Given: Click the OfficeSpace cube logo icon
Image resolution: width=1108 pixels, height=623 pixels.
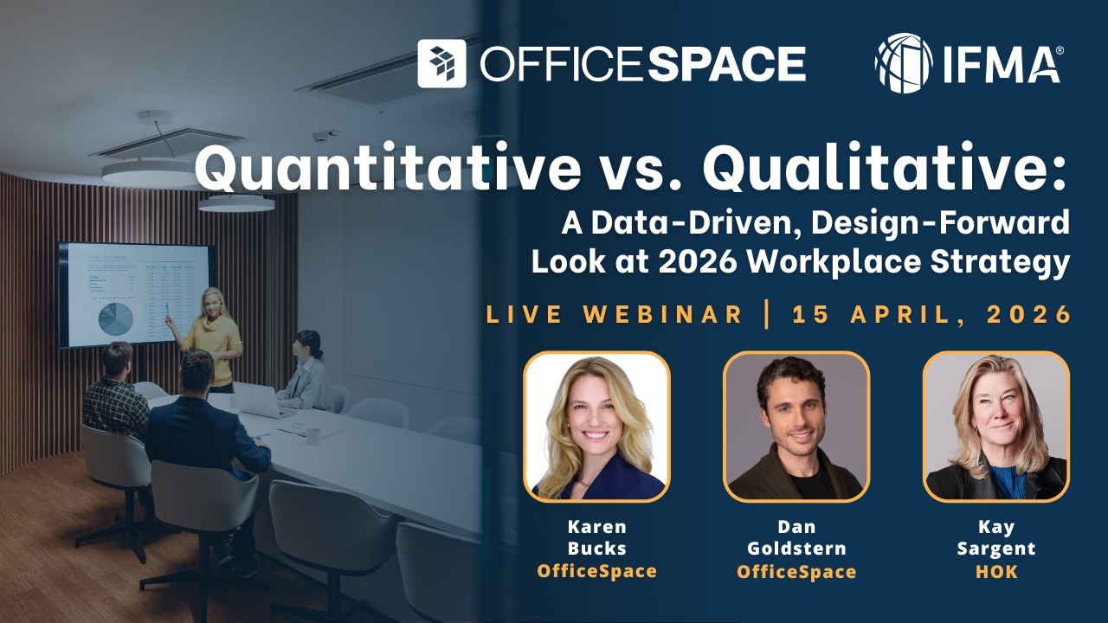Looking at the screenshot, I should pyautogui.click(x=441, y=63).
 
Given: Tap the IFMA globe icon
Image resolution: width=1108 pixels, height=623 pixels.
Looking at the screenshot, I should pyautogui.click(x=904, y=62).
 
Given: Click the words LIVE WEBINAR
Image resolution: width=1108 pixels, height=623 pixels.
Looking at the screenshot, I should pyautogui.click(x=615, y=314).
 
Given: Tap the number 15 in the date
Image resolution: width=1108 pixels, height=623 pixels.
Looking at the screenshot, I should pyautogui.click(x=808, y=314).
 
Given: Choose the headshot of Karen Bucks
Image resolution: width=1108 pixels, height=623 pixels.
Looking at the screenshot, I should pyautogui.click(x=596, y=427).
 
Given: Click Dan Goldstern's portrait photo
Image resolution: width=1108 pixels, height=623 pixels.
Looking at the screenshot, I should pyautogui.click(x=796, y=427).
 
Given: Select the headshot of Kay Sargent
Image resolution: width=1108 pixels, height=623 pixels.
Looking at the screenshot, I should pyautogui.click(x=995, y=427).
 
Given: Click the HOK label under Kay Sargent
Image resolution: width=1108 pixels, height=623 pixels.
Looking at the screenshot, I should pyautogui.click(x=995, y=572).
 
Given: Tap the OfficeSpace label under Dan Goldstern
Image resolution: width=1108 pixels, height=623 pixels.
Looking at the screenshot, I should pyautogui.click(x=796, y=572).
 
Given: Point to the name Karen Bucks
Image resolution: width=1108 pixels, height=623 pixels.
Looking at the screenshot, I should pyautogui.click(x=596, y=538).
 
